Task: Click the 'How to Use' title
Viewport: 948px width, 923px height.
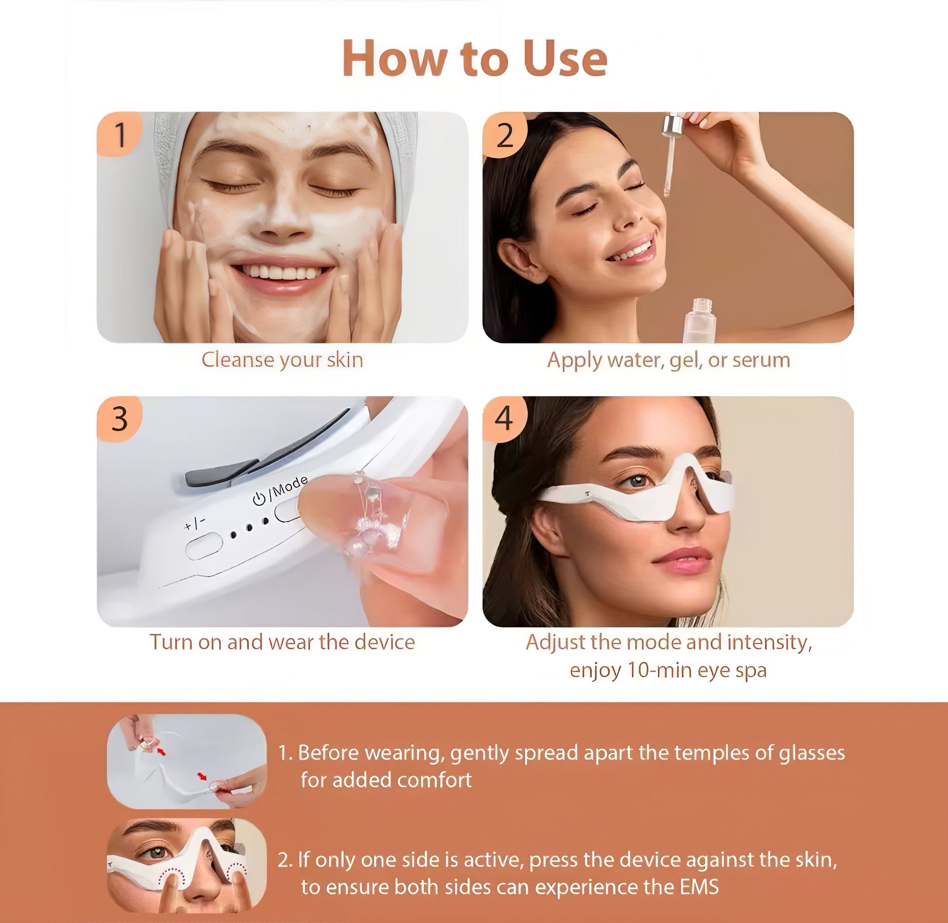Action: tap(475, 59)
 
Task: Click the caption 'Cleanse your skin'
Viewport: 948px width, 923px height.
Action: tap(282, 360)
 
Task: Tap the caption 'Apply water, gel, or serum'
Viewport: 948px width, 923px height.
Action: tap(668, 360)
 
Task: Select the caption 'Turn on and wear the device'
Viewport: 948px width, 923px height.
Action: tap(282, 642)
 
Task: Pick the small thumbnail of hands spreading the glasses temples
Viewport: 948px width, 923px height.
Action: tap(187, 761)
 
